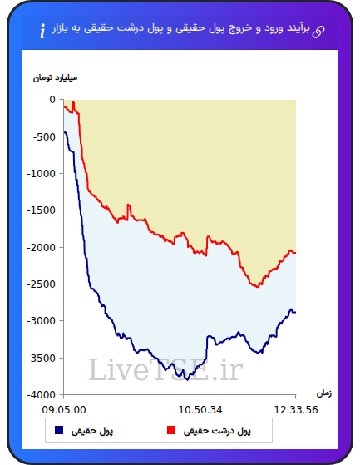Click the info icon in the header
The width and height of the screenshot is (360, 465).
pyautogui.click(x=43, y=31)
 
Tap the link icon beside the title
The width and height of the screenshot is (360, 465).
pyautogui.click(x=318, y=32)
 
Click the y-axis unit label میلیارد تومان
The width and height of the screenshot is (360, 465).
pyautogui.click(x=55, y=78)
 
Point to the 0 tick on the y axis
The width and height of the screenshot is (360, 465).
pyautogui.click(x=52, y=100)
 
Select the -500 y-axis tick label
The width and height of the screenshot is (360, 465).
pyautogui.click(x=44, y=137)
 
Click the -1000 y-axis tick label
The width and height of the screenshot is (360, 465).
pyautogui.click(x=42, y=174)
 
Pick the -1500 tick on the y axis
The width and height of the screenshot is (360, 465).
pyautogui.click(x=42, y=210)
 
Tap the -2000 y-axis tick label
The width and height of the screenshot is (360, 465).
pyautogui.click(x=42, y=247)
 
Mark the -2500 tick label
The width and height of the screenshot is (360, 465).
pyautogui.click(x=42, y=284)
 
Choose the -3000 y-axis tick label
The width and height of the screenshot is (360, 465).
pyautogui.click(x=42, y=321)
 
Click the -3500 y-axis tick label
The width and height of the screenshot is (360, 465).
pyautogui.click(x=42, y=358)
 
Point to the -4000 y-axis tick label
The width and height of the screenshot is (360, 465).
pyautogui.click(x=42, y=395)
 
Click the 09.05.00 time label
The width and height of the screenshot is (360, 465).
pyautogui.click(x=64, y=410)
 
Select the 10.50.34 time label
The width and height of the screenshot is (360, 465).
pyautogui.click(x=200, y=410)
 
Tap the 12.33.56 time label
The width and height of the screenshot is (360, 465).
pyautogui.click(x=296, y=410)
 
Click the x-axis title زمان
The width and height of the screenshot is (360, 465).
pyautogui.click(x=324, y=393)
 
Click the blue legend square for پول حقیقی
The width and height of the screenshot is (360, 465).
pyautogui.click(x=59, y=430)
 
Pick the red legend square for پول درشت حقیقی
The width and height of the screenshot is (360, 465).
pyautogui.click(x=171, y=430)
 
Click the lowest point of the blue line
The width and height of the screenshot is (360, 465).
pyautogui.click(x=187, y=380)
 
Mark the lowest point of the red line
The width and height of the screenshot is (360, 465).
pyautogui.click(x=258, y=287)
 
